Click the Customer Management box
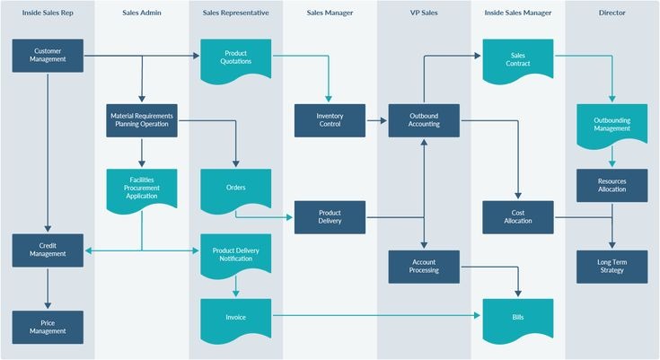(48, 56)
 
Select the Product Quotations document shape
(236, 57)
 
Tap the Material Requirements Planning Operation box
(142, 120)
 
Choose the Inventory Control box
(330, 120)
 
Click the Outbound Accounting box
(424, 120)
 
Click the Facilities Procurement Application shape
(142, 189)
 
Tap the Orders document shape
(236, 189)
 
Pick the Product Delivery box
(330, 217)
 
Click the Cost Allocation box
(518, 217)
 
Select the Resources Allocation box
(612, 186)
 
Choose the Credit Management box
(48, 250)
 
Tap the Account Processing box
(424, 266)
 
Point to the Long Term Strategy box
(612, 266)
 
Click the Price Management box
(48, 327)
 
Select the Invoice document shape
(236, 318)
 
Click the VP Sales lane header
(424, 13)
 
